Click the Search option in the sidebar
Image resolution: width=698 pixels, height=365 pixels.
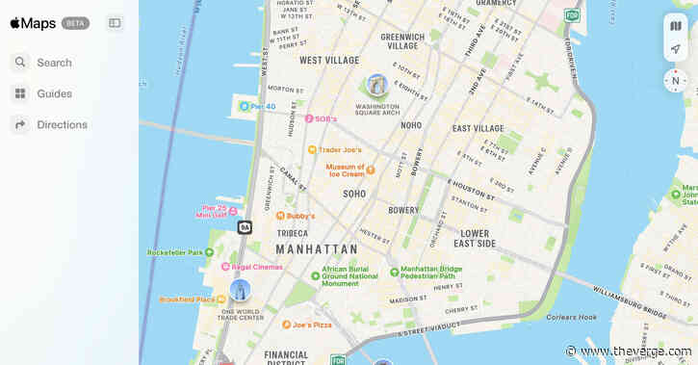(x=54, y=63)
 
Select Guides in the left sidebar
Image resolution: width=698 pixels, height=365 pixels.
(x=54, y=93)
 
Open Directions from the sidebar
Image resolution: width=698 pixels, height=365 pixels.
(x=62, y=124)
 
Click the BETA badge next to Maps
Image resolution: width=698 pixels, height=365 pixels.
(x=75, y=23)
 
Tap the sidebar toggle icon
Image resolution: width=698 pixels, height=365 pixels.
(x=115, y=23)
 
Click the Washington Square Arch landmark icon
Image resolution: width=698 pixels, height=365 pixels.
(x=377, y=85)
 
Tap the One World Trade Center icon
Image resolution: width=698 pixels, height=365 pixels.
(x=240, y=289)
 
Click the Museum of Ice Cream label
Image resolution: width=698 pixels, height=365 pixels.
(x=345, y=169)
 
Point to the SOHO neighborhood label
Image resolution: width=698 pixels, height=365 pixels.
(x=354, y=194)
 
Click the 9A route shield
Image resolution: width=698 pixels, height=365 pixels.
(x=245, y=227)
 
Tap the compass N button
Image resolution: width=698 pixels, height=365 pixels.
(x=675, y=80)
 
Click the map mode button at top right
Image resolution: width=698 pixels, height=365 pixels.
(x=675, y=26)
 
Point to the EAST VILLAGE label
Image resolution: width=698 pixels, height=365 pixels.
(x=478, y=128)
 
